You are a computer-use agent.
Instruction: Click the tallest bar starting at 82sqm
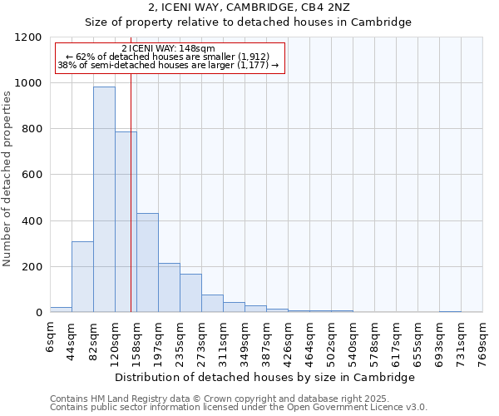tap(104, 200)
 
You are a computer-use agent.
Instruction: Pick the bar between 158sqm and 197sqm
tap(147, 263)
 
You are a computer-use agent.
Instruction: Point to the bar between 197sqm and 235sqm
tap(169, 288)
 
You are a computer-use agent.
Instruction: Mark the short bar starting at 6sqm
tap(61, 310)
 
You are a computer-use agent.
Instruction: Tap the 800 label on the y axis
tap(32, 129)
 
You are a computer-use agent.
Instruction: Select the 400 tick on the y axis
tap(32, 221)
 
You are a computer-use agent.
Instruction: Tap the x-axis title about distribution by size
tap(265, 377)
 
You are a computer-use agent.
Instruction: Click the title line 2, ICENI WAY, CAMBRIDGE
tap(249, 7)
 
